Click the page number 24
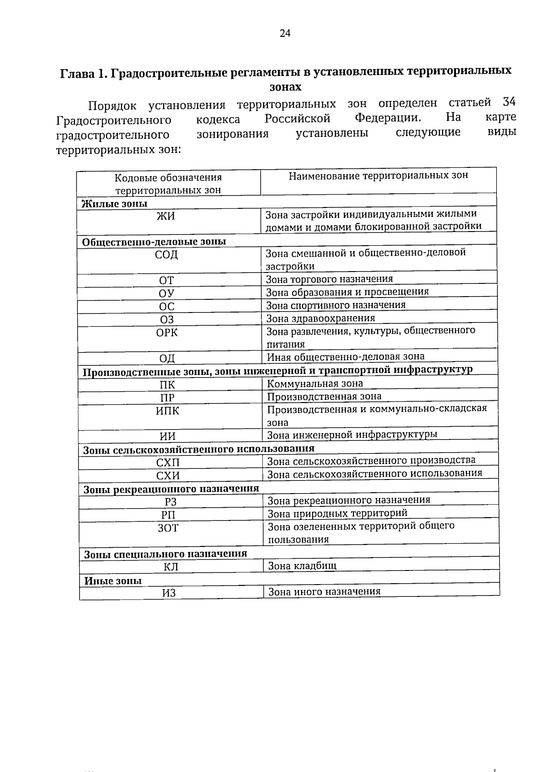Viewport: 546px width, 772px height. click(285, 33)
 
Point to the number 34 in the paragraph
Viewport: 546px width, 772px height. click(509, 102)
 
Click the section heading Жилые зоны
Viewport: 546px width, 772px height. click(114, 204)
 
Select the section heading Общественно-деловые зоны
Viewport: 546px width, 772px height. click(154, 242)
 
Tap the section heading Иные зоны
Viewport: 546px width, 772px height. click(113, 581)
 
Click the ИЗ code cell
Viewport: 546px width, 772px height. click(169, 593)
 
